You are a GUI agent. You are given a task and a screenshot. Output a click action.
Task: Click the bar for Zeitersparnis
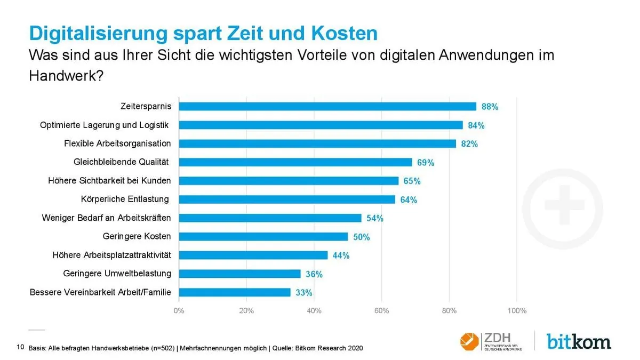coord(327,106)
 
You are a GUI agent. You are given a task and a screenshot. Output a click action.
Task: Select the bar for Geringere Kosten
coord(263,236)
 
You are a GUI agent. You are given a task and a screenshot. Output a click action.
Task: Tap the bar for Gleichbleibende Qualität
coord(295,162)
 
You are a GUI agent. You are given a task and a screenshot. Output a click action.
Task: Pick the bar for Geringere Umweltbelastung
coord(239,274)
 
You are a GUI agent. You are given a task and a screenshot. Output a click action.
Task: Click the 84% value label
coord(476,125)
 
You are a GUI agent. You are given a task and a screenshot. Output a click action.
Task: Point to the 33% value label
coord(303,292)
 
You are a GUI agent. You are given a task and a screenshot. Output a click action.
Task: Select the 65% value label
coord(412,181)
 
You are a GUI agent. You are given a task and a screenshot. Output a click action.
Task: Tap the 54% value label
coord(374,218)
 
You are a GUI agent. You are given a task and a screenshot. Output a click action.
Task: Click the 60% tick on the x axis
coord(381,310)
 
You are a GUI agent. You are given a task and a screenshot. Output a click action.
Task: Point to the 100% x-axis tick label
coord(516,310)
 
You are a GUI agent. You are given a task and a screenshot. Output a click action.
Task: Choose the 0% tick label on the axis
coord(179,310)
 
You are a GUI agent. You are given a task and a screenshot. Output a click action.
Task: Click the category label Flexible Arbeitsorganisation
coord(117,143)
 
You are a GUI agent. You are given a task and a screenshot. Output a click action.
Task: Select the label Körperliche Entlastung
coord(125,199)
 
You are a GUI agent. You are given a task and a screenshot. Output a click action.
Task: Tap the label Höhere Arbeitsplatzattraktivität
coord(112,255)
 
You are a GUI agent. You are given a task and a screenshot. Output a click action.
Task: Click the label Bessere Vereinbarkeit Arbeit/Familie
coord(100,292)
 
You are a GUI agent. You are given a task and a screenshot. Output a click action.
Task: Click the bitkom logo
coord(579,341)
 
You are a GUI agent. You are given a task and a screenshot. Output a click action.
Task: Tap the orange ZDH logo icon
coord(469,340)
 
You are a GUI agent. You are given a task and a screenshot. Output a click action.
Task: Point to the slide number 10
coord(20,348)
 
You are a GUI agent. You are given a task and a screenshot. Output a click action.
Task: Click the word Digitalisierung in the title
coord(98,33)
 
